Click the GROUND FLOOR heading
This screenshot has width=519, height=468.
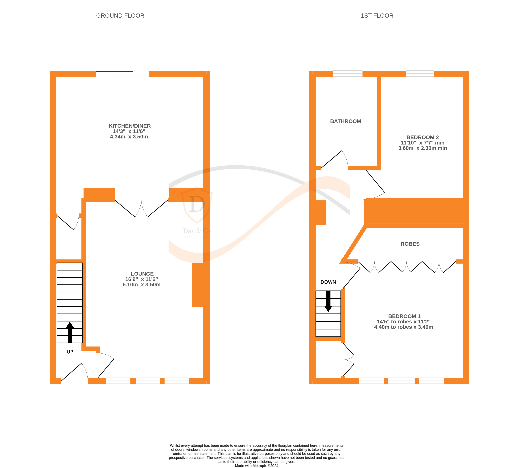(x=120, y=16)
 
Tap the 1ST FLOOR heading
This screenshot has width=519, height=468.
(x=377, y=16)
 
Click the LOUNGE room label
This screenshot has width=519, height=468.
(x=142, y=274)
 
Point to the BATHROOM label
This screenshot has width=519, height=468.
(x=346, y=121)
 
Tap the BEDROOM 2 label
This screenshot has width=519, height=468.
(x=423, y=137)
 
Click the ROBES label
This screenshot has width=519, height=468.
(x=410, y=244)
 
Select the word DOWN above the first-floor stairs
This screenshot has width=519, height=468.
(x=328, y=282)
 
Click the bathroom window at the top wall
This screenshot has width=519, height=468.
(x=348, y=74)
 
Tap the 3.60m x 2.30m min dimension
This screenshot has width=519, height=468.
(x=423, y=148)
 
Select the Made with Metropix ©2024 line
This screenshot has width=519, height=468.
(x=257, y=466)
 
